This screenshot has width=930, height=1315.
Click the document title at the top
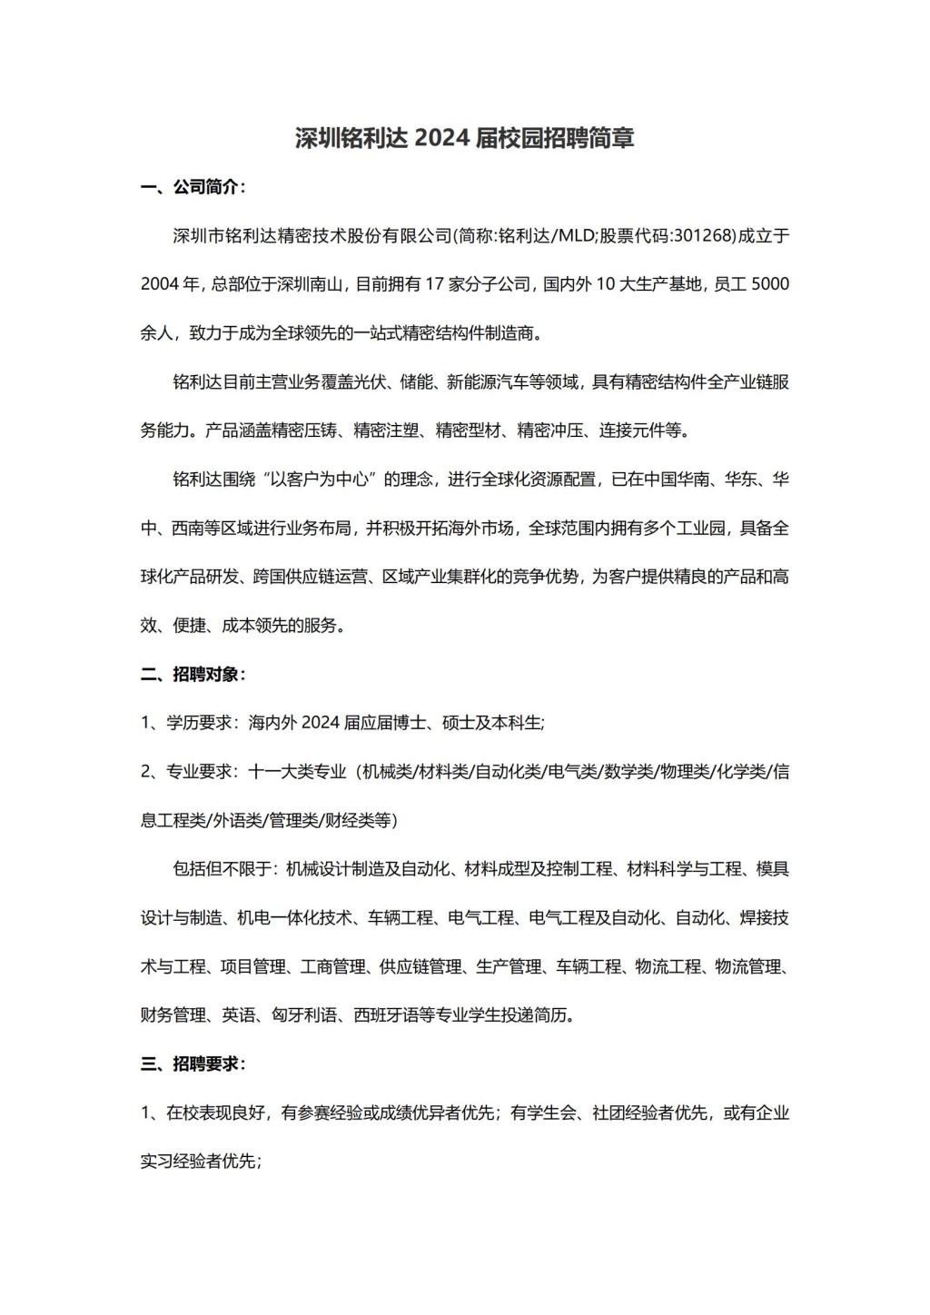pyautogui.click(x=464, y=138)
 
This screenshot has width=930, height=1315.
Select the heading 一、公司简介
pyautogui.click(x=193, y=187)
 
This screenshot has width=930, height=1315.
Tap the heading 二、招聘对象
pyautogui.click(x=193, y=674)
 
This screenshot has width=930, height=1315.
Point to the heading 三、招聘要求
pyautogui.click(x=193, y=1063)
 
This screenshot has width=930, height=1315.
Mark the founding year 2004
pyautogui.click(x=161, y=284)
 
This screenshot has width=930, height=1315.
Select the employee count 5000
pyautogui.click(x=770, y=284)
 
